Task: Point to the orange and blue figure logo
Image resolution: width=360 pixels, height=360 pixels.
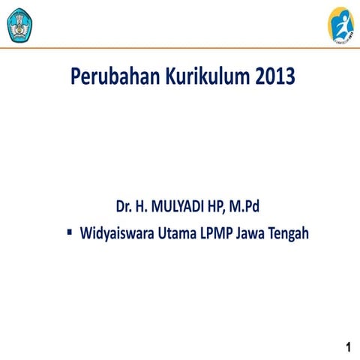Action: (x=341, y=24)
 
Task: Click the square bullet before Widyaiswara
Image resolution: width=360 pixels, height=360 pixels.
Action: (x=69, y=232)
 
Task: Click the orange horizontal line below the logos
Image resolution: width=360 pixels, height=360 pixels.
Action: (x=180, y=48)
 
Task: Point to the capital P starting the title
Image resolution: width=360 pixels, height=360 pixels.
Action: (x=76, y=76)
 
